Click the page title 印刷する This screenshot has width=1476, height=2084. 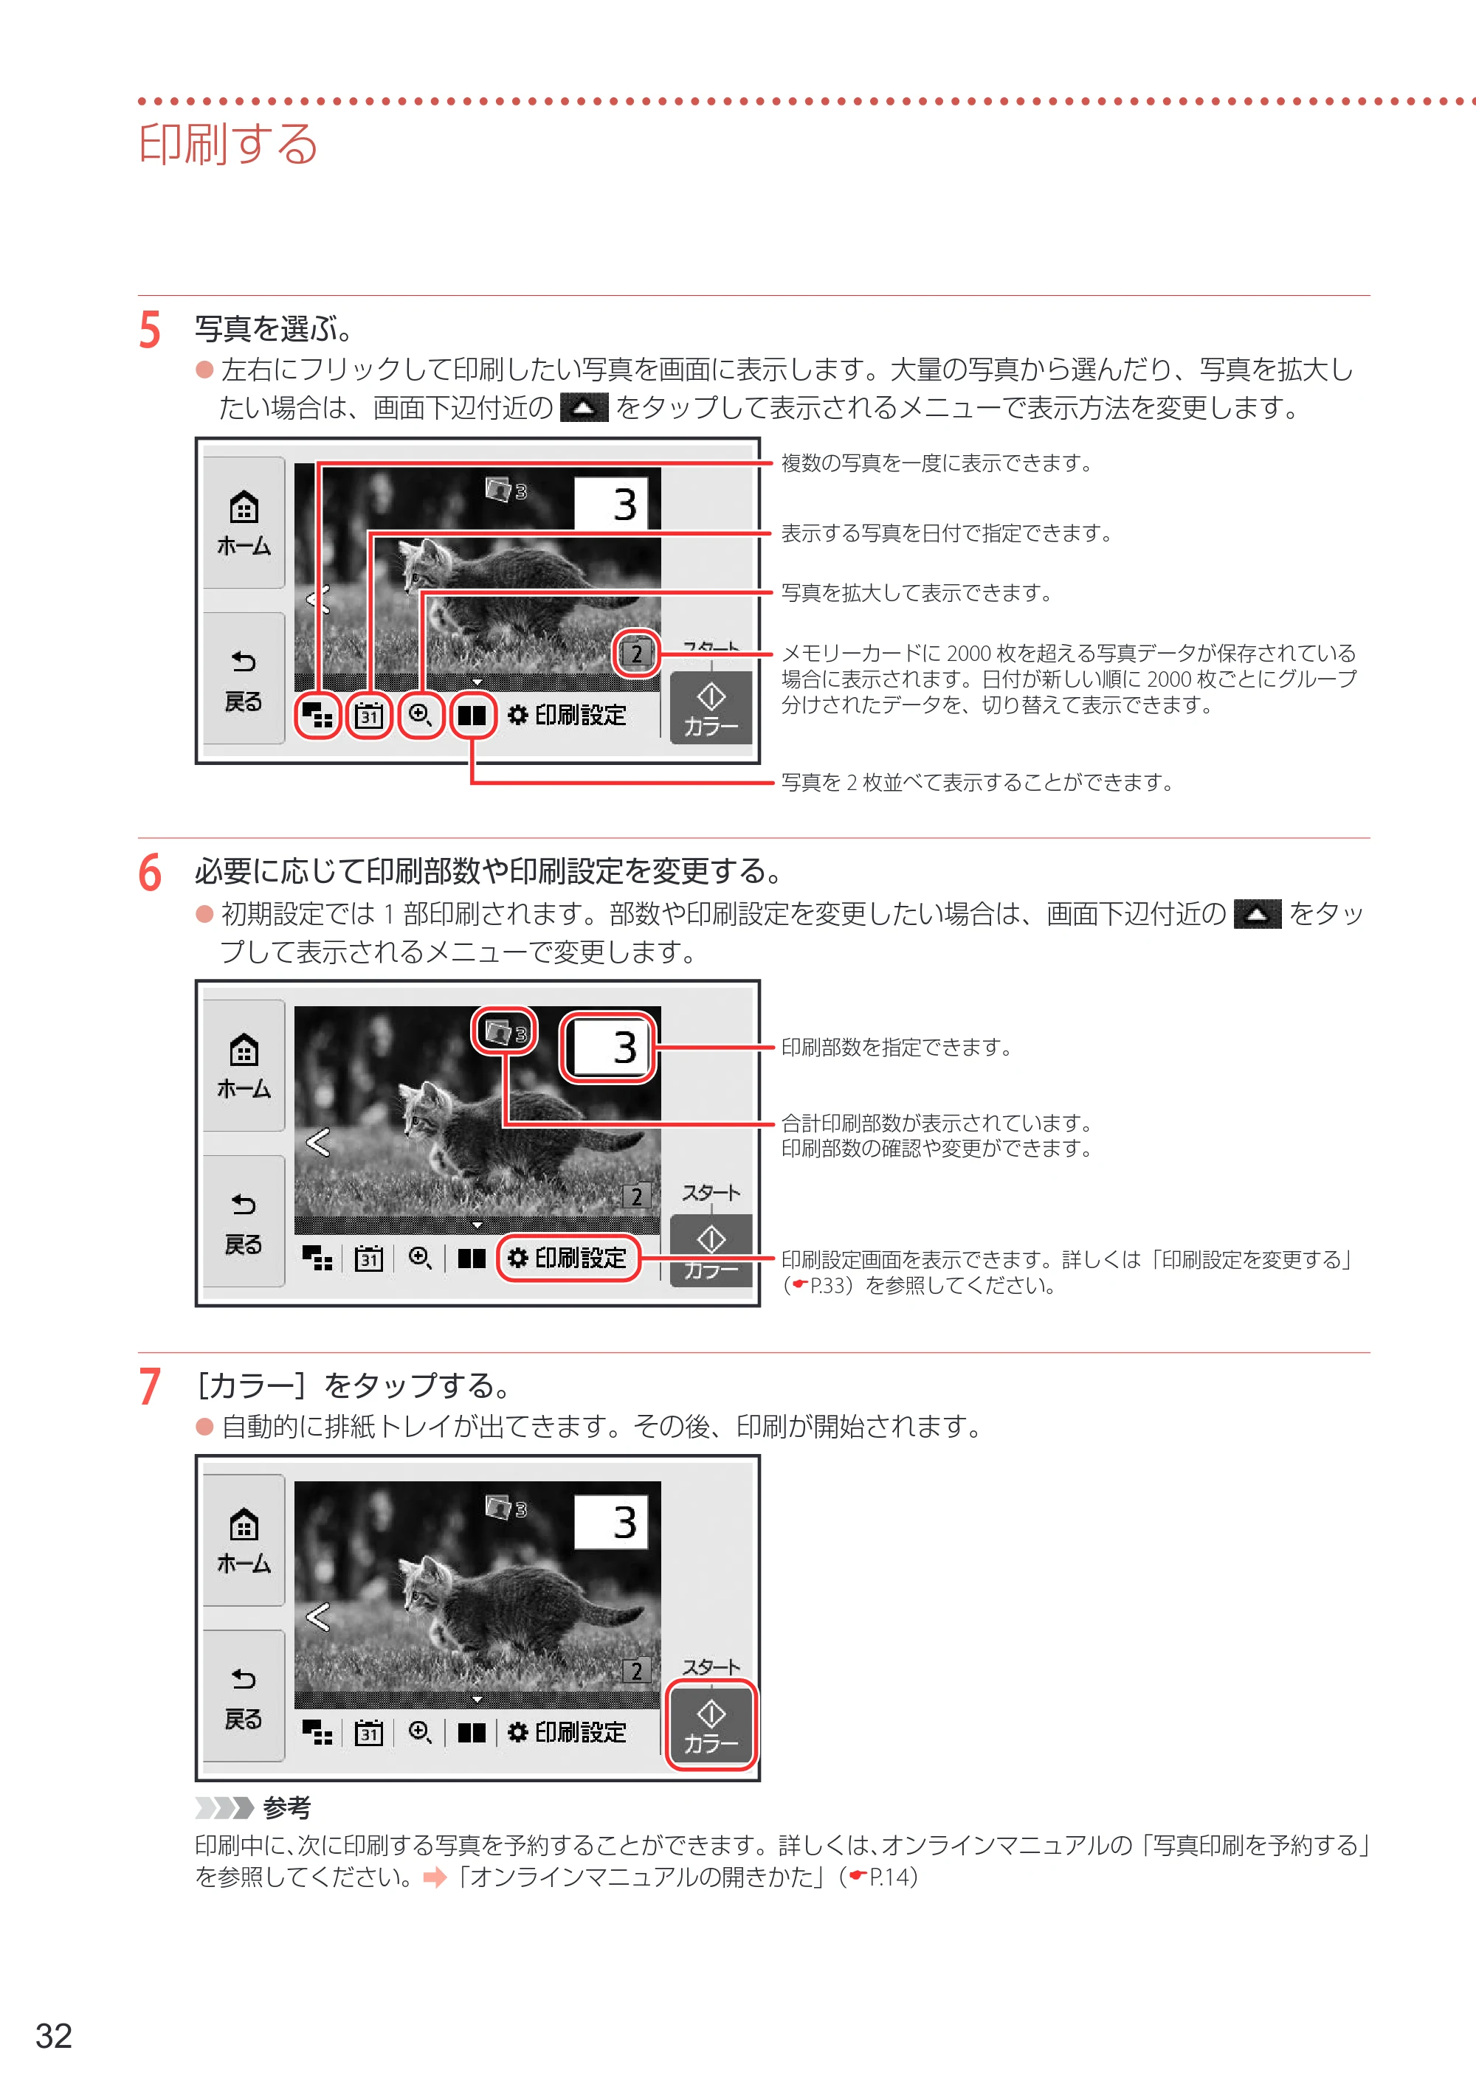point(228,144)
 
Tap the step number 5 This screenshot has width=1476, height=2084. point(150,330)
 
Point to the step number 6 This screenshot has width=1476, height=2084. point(150,872)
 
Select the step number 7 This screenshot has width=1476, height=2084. point(150,1386)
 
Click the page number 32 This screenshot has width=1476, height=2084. point(54,2036)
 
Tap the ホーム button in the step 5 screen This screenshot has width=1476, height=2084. point(244,522)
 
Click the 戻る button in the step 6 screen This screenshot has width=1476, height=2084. point(244,1221)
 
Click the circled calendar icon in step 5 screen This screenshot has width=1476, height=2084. point(368,715)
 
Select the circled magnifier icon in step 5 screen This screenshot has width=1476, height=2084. point(420,715)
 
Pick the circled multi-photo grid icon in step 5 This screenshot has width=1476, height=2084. point(317,715)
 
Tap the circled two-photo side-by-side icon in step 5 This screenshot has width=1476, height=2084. point(472,715)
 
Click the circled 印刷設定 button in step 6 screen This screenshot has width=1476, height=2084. point(569,1259)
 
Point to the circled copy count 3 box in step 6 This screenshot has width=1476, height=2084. point(608,1048)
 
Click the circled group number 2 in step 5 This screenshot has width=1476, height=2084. point(636,653)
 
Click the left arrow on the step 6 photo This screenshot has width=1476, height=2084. point(318,1142)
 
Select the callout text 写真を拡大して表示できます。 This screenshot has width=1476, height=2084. point(917,593)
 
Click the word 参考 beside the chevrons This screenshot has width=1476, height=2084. point(286,1808)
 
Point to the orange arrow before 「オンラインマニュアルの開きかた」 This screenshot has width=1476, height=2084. point(435,1877)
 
